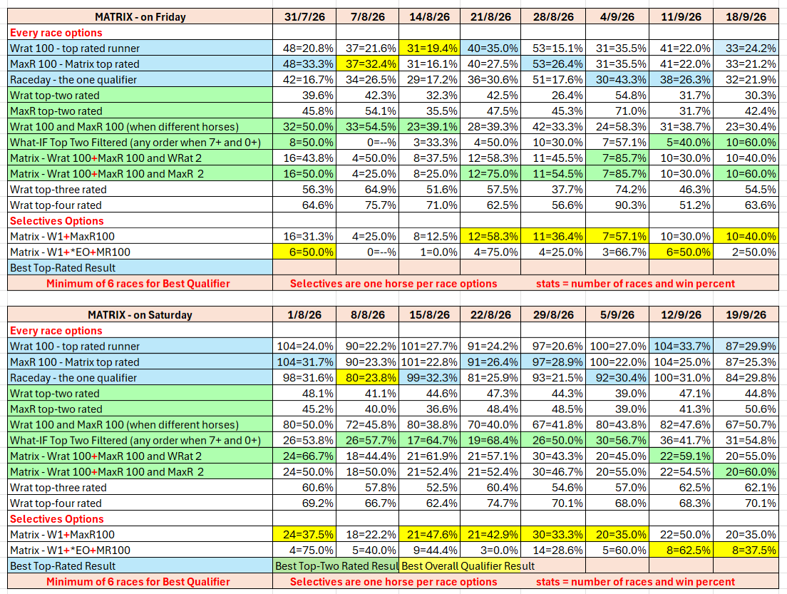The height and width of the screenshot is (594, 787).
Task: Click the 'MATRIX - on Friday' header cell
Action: tap(140, 16)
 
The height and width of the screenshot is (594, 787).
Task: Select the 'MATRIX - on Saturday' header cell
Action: tap(140, 314)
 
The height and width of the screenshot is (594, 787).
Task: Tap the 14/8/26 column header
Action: tap(430, 16)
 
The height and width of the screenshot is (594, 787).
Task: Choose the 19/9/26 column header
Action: tap(746, 314)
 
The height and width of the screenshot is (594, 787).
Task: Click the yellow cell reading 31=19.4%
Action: tap(430, 48)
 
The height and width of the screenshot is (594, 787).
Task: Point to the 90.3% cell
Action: tap(617, 205)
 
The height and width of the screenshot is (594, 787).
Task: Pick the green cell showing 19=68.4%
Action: tap(491, 441)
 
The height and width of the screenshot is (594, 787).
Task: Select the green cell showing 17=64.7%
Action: tap(430, 441)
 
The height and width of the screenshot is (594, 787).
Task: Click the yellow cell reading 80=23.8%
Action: tap(368, 378)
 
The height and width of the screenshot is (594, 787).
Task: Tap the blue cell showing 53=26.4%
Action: tap(554, 63)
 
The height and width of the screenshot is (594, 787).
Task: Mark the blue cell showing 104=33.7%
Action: tap(681, 346)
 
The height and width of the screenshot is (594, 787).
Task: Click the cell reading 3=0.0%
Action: tap(491, 551)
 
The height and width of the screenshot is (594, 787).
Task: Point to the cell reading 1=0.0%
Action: tap(430, 252)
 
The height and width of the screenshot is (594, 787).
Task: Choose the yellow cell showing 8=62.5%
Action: tap(681, 551)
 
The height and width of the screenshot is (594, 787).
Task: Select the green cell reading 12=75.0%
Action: tap(491, 174)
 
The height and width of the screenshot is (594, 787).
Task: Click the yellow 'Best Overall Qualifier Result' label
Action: tap(468, 566)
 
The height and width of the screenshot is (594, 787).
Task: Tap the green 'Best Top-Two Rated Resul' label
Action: tap(336, 566)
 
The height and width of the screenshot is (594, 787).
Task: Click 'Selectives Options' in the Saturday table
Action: tap(57, 518)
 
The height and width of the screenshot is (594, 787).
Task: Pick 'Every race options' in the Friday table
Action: tap(56, 33)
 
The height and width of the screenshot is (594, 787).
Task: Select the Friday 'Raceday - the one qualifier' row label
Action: tap(73, 79)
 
